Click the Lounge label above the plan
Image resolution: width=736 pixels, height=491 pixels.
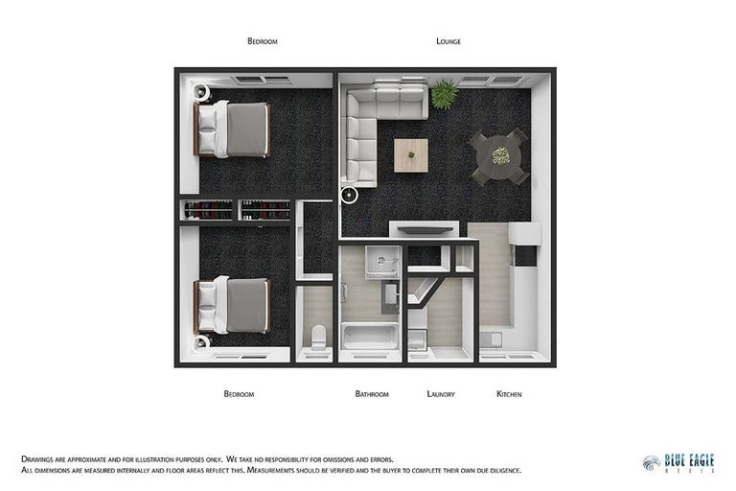pos(448,41)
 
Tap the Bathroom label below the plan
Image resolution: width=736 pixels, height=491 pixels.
pos(372,394)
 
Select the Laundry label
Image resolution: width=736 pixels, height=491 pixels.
pos(441,394)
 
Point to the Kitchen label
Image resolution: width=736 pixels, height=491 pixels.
pos(509,394)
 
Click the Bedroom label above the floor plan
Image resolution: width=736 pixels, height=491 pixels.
pos(262,41)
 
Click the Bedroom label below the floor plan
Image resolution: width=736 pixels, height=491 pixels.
pos(239,394)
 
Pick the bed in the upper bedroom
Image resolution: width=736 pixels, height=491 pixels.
pos(234,129)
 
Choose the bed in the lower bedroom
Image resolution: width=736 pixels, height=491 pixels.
pos(234,305)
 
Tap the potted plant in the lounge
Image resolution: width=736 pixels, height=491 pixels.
pos(444,94)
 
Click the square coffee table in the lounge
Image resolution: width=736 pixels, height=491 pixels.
pos(411,154)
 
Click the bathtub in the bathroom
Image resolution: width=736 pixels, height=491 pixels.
pos(370,337)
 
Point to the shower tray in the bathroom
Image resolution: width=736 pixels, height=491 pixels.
pos(382,261)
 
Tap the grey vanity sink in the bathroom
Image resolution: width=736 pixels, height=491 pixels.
pos(390,296)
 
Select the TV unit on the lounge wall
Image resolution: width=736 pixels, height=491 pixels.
pos(423,228)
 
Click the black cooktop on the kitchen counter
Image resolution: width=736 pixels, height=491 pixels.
pos(525,255)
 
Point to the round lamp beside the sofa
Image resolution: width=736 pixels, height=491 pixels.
pos(350,196)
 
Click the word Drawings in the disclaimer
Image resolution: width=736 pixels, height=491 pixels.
pos(38,459)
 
